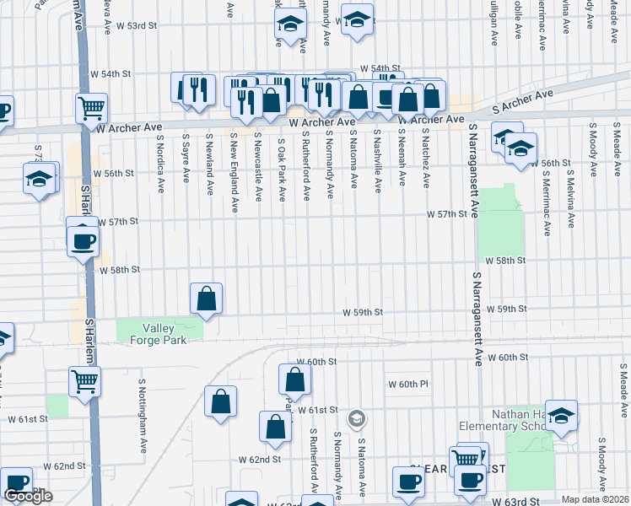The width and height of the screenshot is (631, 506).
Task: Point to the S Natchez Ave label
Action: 425,158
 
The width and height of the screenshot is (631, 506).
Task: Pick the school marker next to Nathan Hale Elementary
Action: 561,415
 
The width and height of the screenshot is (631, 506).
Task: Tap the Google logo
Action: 28,496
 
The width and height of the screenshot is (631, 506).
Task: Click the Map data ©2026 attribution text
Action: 595,499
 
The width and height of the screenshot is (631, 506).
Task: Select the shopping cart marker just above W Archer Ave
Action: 91,107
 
